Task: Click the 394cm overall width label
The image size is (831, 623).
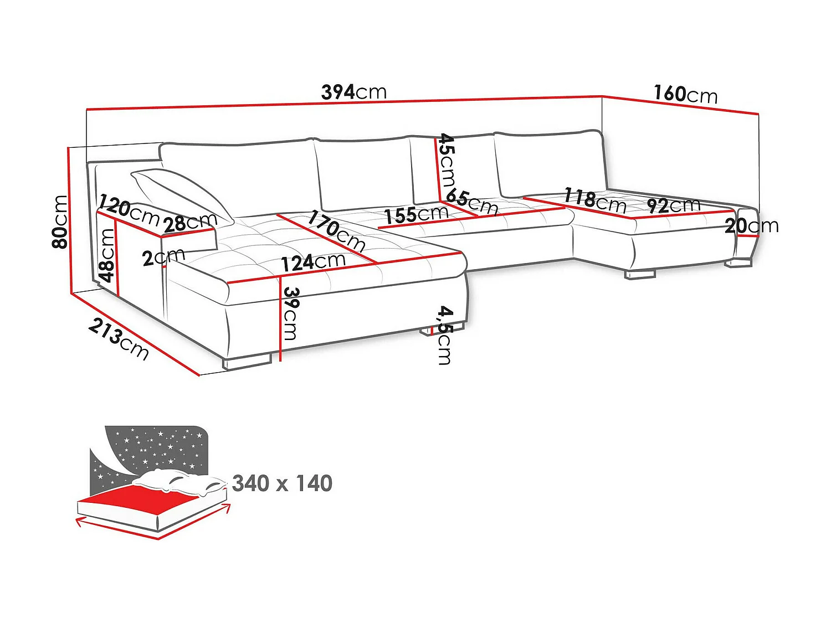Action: pyautogui.click(x=353, y=92)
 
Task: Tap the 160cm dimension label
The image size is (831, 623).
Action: pyautogui.click(x=685, y=94)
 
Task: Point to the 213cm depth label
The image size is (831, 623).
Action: pyautogui.click(x=119, y=339)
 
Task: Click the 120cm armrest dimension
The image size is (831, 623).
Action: pyautogui.click(x=129, y=210)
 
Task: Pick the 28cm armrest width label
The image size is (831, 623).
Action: pyautogui.click(x=190, y=222)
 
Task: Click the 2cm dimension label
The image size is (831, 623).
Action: pyautogui.click(x=163, y=257)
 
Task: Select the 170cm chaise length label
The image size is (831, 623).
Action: pyautogui.click(x=336, y=230)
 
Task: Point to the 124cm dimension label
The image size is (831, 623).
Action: pyautogui.click(x=313, y=261)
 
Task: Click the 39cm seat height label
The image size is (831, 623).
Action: pyautogui.click(x=290, y=313)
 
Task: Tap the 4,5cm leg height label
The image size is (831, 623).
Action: pyautogui.click(x=444, y=335)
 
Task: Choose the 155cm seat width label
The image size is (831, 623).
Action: pyautogui.click(x=417, y=214)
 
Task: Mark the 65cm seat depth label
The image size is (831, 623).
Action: pyautogui.click(x=472, y=202)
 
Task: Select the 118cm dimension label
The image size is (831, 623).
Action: pyautogui.click(x=595, y=200)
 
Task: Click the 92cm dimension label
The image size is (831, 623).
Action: pyautogui.click(x=674, y=205)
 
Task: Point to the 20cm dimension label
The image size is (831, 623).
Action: pyautogui.click(x=751, y=225)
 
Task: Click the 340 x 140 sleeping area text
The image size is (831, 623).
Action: pyautogui.click(x=282, y=483)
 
